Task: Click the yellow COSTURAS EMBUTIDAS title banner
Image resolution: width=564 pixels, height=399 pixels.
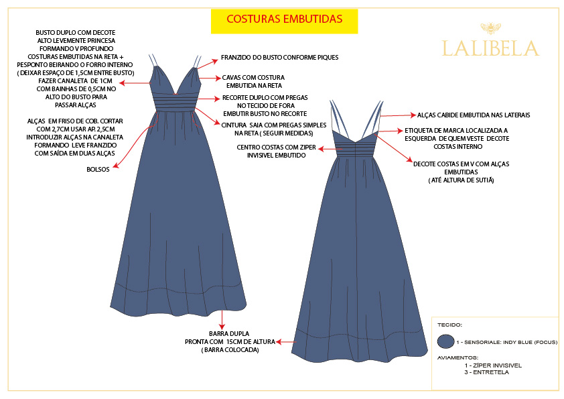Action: point(284,20)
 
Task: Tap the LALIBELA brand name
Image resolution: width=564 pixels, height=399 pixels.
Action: point(490,48)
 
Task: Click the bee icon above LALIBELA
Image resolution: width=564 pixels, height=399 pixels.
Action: point(490,28)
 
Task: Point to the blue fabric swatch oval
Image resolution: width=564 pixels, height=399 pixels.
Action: point(445,342)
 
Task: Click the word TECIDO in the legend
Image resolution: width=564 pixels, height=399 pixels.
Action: point(449,325)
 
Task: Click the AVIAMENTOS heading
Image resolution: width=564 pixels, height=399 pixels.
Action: point(457,357)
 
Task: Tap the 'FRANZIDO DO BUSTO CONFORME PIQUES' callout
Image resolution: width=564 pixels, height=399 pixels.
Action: point(279,58)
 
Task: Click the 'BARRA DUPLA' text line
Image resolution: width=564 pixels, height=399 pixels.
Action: point(229,333)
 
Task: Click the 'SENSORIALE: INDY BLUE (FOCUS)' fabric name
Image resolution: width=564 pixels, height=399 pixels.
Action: point(509,342)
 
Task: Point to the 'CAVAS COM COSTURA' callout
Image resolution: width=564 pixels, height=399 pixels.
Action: point(252,77)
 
